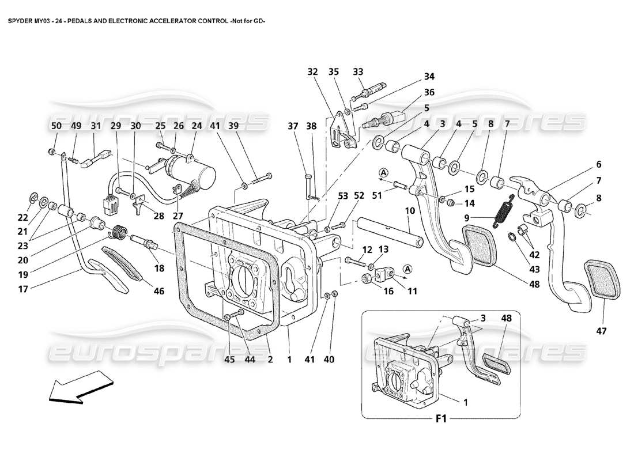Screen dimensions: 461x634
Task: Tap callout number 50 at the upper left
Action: (x=56, y=126)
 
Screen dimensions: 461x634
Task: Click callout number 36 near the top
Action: (x=429, y=92)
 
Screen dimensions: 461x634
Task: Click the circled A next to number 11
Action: (x=407, y=269)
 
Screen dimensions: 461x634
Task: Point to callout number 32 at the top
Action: (x=312, y=72)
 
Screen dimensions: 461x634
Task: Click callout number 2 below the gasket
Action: (x=269, y=358)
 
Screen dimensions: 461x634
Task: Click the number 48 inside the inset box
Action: (x=506, y=318)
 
